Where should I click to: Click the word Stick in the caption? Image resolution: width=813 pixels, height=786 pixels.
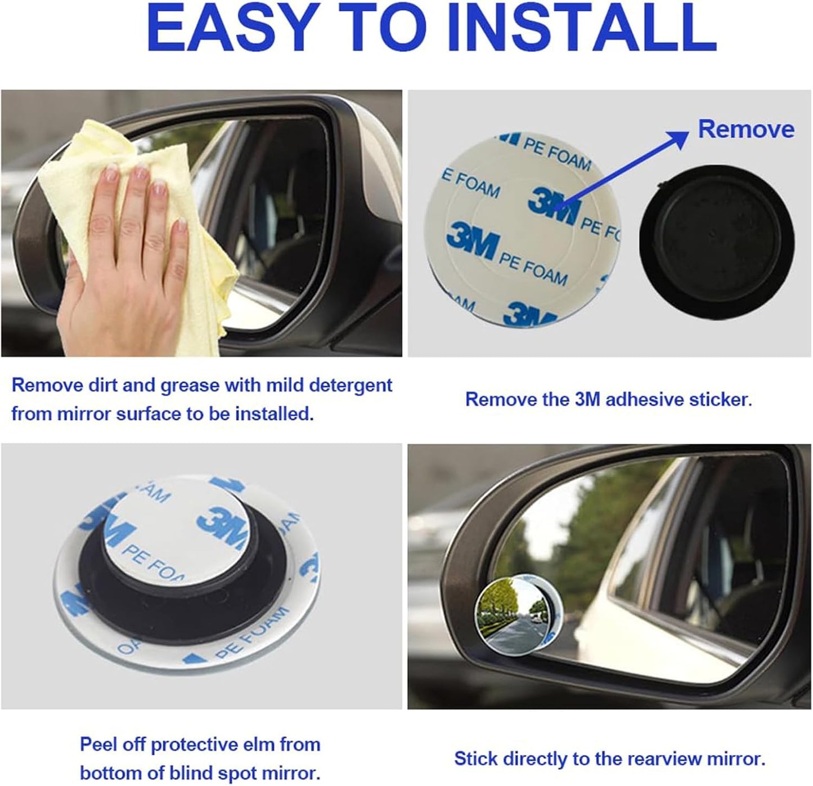tap(475, 759)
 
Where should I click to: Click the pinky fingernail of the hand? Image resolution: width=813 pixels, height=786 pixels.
tap(181, 225)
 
